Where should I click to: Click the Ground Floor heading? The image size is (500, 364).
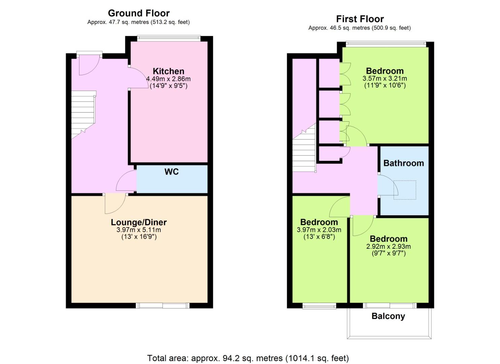point(139,13)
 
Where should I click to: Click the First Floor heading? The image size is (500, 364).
point(360,19)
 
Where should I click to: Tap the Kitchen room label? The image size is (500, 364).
point(169,71)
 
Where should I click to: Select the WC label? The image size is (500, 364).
point(171,172)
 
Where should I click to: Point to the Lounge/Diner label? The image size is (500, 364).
point(139,222)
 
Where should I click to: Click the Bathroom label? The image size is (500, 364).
point(404,163)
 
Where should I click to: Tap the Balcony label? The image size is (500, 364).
point(388,316)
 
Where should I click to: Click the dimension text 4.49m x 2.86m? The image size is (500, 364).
point(168,79)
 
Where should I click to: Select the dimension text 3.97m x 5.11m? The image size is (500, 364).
point(139,230)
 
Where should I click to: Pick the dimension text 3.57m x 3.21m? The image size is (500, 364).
point(385,79)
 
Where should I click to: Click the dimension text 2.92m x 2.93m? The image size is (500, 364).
point(389,246)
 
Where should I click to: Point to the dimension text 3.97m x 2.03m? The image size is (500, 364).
point(319,230)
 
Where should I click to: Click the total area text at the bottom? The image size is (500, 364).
point(248,358)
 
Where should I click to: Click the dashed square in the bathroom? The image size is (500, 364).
point(405,190)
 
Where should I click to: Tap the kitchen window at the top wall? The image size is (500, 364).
point(169,38)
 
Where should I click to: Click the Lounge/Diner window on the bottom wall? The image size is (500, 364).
point(163,305)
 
